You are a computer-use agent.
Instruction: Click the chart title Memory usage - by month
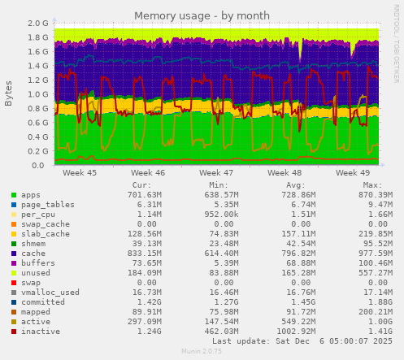202,15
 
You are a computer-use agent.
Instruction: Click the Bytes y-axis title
9,93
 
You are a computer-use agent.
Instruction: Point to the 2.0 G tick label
37,23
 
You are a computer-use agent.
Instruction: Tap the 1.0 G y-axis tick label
37,94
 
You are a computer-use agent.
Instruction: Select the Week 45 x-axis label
80,173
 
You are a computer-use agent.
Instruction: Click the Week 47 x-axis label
216,173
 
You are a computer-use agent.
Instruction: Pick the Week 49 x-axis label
352,173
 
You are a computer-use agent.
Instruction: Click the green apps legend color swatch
14,195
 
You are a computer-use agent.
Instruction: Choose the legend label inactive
41,332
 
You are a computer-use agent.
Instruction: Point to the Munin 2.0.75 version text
202,352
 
